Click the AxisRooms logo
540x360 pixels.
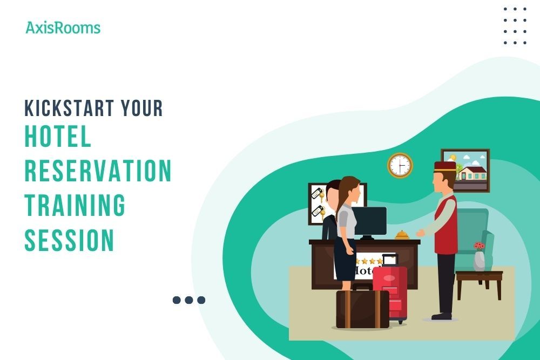point(63,28)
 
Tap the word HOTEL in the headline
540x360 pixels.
point(58,138)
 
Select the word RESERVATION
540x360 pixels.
point(98,171)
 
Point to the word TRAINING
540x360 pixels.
point(75,205)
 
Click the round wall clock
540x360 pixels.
point(400,165)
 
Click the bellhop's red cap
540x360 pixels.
point(445,166)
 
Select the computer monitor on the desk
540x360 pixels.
point(370,221)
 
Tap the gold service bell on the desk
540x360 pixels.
point(402,235)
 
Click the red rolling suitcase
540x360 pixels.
point(390,291)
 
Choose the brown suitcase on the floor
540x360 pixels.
point(362,309)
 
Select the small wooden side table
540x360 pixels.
point(479,281)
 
